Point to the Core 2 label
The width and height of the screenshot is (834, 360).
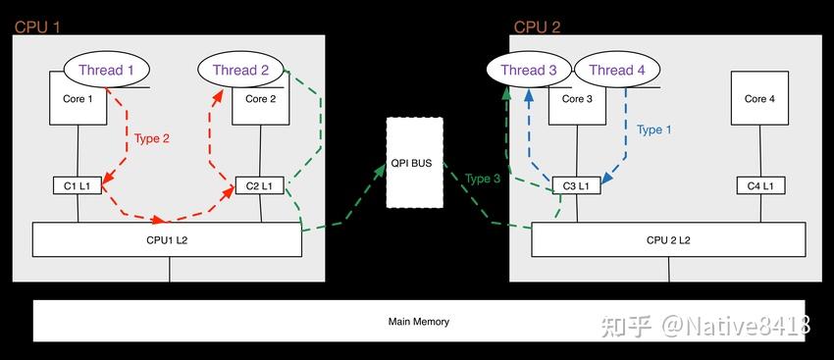click(261, 99)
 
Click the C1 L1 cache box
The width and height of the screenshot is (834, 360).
click(78, 185)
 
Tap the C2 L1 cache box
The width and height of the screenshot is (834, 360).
click(260, 185)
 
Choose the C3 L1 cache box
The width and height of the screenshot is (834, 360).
click(577, 185)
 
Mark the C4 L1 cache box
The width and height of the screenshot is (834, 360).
click(760, 185)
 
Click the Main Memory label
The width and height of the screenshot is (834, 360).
click(419, 322)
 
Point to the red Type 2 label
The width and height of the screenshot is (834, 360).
click(151, 138)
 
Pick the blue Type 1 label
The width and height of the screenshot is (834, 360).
click(653, 129)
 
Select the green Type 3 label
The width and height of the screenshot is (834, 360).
click(483, 179)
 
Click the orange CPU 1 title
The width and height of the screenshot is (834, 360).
click(37, 27)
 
